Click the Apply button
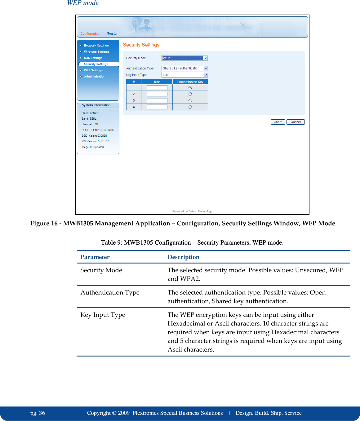pyautogui.click(x=278, y=122)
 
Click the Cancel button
pyautogui.click(x=296, y=122)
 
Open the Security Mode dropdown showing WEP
pyautogui.click(x=184, y=58)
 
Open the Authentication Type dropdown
pyautogui.click(x=184, y=69)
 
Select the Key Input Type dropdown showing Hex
pyautogui.click(x=184, y=75)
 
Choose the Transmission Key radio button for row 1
pyautogui.click(x=190, y=88)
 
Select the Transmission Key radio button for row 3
pyautogui.click(x=190, y=101)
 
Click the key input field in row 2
pyautogui.click(x=157, y=94)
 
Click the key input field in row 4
pyautogui.click(x=157, y=107)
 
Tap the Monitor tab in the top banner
pyautogui.click(x=112, y=34)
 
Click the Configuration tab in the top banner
pyautogui.click(x=91, y=34)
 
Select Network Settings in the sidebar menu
pyautogui.click(x=96, y=46)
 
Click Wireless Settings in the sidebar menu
pyautogui.click(x=96, y=52)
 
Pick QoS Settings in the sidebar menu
pyautogui.click(x=93, y=58)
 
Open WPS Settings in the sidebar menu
pyautogui.click(x=93, y=70)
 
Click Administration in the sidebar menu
pyautogui.click(x=95, y=77)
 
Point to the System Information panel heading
pyautogui.click(x=96, y=105)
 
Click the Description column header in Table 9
pyautogui.click(x=183, y=257)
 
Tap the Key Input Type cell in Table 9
pyautogui.click(x=103, y=315)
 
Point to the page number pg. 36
pyautogui.click(x=38, y=413)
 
